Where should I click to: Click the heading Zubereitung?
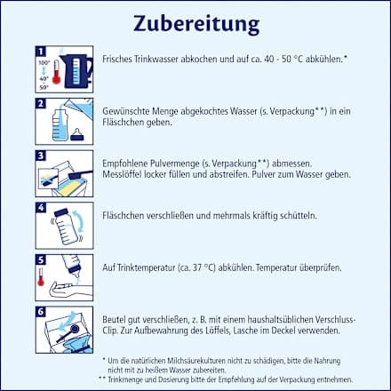[x=195, y=20]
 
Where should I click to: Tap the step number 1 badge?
[x=41, y=52]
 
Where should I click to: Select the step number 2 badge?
[x=41, y=104]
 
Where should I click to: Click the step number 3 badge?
[x=41, y=156]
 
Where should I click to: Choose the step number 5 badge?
[x=41, y=259]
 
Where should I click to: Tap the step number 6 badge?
[x=41, y=312]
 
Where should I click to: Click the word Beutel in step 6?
[x=116, y=320]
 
